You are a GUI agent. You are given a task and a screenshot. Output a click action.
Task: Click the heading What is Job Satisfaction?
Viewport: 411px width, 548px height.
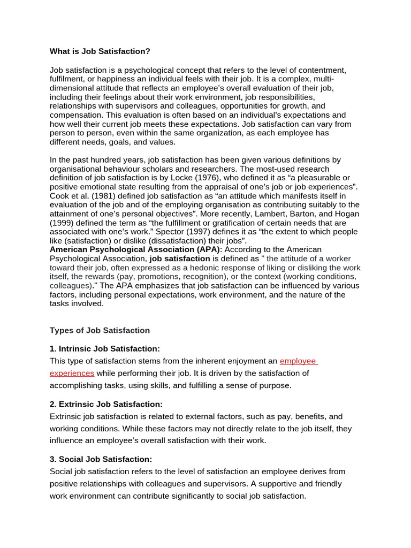pos(100,51)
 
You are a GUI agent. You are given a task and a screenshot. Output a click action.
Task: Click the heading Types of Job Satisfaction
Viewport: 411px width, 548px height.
pos(100,330)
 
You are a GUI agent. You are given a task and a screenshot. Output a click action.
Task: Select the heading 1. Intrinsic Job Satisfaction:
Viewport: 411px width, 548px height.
pos(105,348)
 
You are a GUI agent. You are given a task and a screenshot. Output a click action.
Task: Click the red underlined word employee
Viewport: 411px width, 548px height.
pos(298,361)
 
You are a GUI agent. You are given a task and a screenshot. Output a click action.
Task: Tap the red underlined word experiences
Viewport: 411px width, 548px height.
pos(72,373)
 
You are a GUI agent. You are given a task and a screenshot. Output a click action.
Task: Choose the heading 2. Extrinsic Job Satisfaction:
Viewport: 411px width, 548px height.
pos(106,404)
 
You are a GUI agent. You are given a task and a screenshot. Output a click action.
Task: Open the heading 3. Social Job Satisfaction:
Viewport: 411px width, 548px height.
pos(101,459)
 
